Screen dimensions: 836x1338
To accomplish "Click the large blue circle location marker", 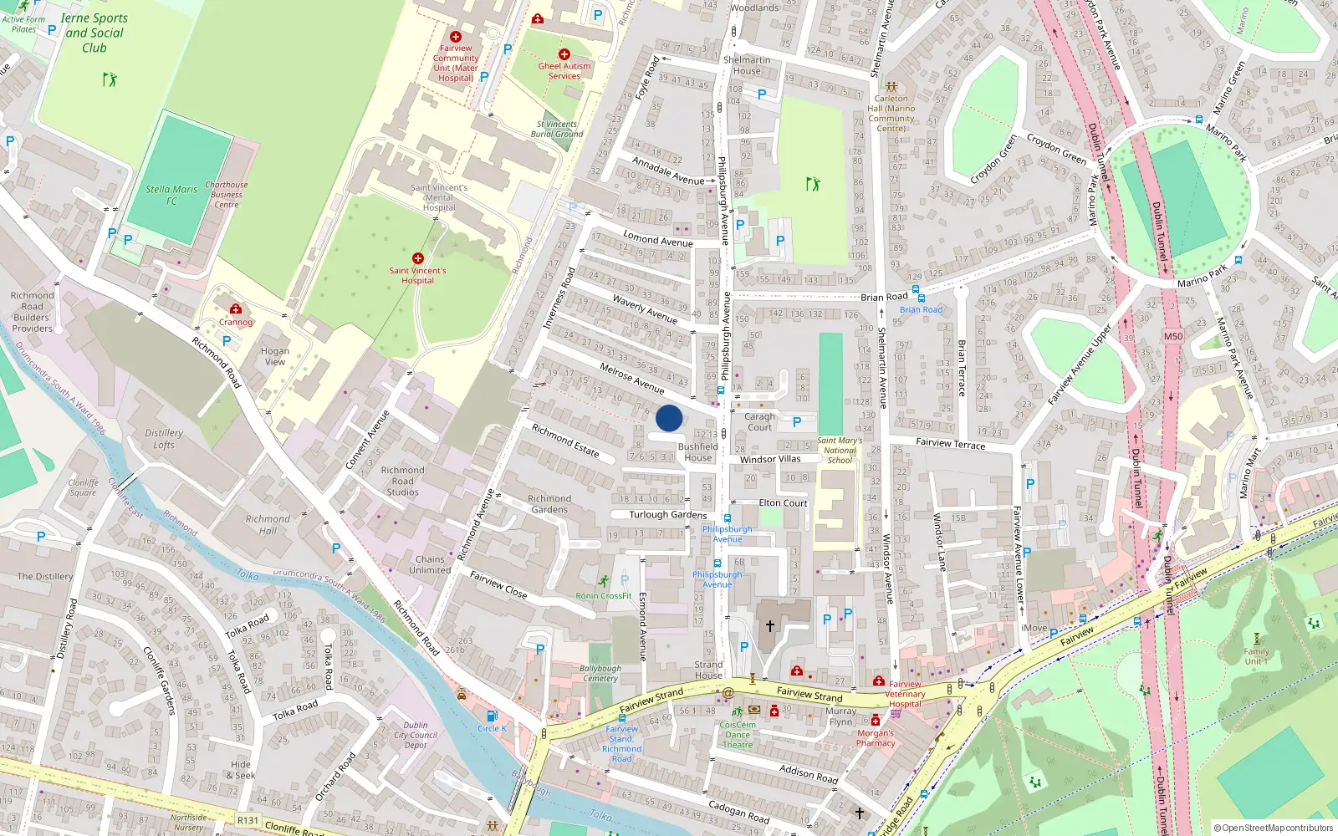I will [669, 418].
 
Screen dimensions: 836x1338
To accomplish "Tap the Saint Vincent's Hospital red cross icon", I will [417, 258].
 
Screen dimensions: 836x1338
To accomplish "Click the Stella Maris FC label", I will [171, 195].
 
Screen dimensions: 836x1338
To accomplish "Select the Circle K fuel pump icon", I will [492, 716].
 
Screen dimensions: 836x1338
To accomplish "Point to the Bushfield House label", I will [697, 452].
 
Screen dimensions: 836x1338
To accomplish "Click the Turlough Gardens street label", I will [667, 515].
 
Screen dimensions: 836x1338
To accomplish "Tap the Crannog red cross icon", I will [236, 309].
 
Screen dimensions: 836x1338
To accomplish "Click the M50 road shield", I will [1173, 337].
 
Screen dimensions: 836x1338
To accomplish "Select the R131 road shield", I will [248, 820].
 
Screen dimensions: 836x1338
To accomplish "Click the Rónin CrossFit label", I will [604, 596].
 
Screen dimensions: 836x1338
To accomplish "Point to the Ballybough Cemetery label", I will [600, 674].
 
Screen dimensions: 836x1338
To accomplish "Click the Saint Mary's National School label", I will [840, 450].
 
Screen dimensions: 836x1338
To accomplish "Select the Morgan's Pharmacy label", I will [876, 738].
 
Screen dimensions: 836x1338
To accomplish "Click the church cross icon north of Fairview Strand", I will [770, 625].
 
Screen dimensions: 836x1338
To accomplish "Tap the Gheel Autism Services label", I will [564, 71].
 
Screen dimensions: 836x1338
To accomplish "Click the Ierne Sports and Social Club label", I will [94, 33].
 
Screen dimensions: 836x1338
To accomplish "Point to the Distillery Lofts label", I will [164, 439].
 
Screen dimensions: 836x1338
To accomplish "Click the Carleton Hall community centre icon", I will [891, 86].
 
